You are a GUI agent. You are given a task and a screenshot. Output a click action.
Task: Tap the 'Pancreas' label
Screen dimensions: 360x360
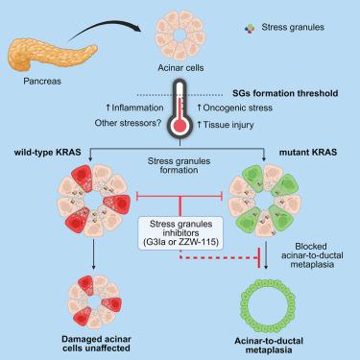[42, 82]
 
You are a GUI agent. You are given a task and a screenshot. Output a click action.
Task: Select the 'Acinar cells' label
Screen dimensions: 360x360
[180, 68]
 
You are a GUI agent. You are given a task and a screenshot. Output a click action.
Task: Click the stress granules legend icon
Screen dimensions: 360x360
[250, 29]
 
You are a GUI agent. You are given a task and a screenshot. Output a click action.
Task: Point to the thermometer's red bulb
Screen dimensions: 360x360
[180, 126]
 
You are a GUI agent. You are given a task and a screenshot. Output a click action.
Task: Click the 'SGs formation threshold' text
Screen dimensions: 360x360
[285, 93]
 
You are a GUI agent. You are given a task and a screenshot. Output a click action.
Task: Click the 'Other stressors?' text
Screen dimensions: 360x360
[128, 123]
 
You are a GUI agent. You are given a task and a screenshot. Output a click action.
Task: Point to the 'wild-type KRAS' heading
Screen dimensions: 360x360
[47, 152]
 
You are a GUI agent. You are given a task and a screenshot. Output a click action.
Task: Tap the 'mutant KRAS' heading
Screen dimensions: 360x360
[308, 152]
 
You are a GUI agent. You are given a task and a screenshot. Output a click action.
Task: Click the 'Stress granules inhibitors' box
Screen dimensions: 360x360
[180, 233]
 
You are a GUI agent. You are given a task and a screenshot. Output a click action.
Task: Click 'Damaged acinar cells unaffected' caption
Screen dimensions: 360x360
[96, 344]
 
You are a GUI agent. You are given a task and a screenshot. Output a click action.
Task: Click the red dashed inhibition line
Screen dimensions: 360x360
[221, 257]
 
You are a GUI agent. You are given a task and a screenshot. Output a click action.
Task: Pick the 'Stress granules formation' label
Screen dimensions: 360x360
[179, 165]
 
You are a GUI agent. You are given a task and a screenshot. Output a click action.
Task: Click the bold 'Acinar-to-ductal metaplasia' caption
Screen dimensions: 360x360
[269, 346]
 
